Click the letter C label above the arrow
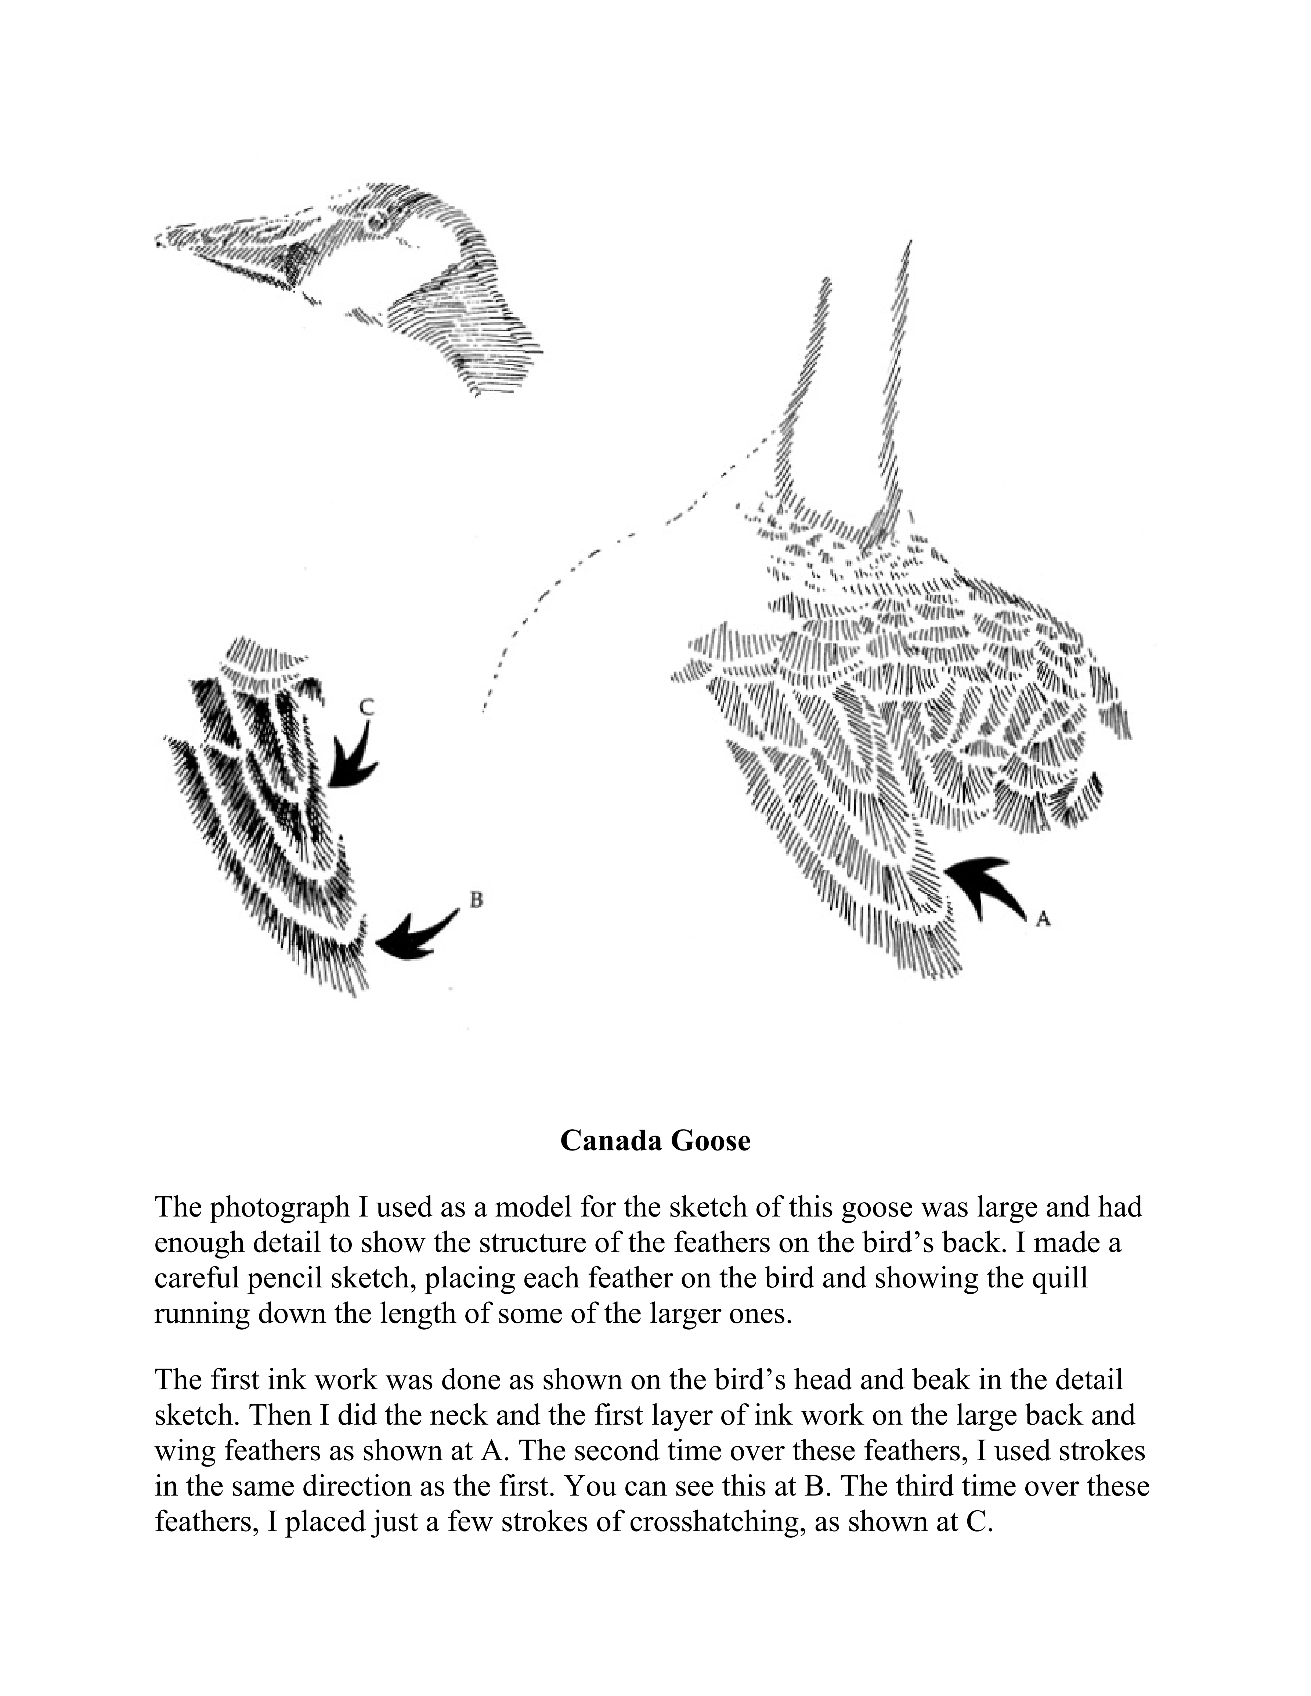[368, 707]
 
